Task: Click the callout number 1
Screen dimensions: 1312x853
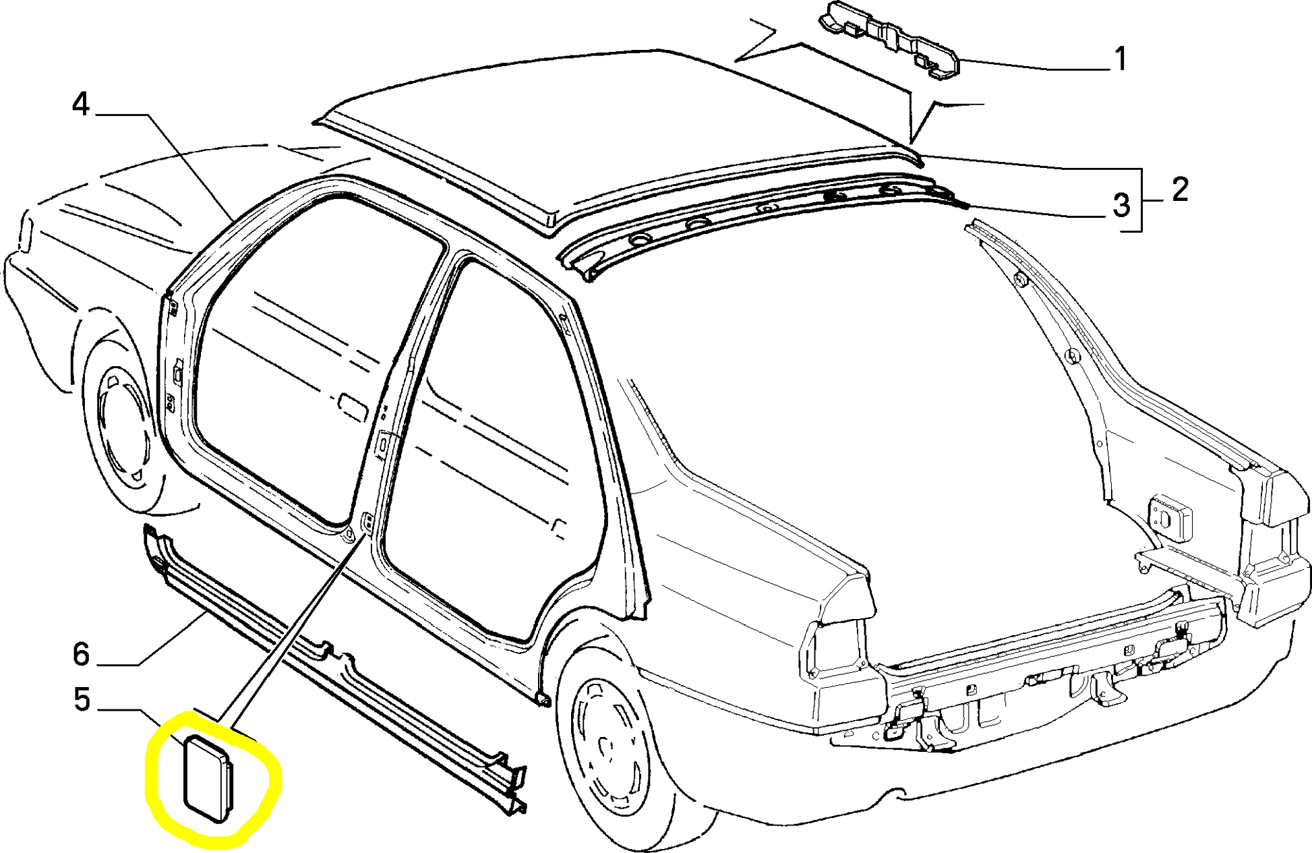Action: [x=1120, y=59]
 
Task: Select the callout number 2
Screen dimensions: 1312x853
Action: [x=1180, y=189]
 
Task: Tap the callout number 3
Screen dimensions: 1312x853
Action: [x=1121, y=205]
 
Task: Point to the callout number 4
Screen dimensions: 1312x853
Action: [x=81, y=105]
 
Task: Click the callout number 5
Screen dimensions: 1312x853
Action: [x=82, y=700]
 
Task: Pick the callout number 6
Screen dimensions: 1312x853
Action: [x=81, y=655]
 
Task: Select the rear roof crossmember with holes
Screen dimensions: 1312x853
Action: [x=762, y=223]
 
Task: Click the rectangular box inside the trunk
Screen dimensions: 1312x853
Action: [x=1170, y=517]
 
